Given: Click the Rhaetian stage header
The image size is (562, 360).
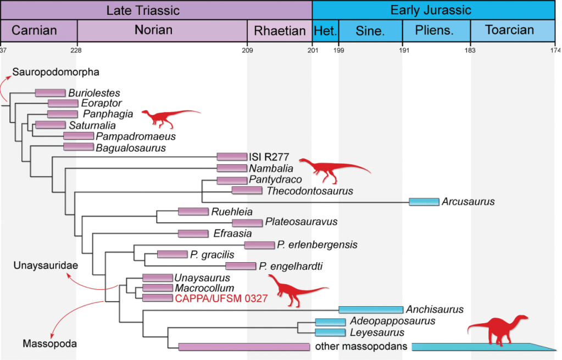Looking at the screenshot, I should point(280,30).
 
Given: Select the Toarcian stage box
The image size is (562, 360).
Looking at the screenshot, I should point(509,30).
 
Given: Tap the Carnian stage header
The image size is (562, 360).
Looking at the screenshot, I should point(34,30).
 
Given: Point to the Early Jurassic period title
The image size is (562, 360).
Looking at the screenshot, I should point(431,10).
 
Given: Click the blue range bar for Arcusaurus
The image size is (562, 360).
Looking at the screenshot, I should point(424,202).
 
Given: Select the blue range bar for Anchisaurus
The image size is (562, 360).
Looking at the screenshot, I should point(371,310).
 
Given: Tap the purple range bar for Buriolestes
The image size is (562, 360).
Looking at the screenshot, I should point(50,93).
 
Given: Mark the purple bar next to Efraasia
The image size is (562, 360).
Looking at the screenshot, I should point(193,234).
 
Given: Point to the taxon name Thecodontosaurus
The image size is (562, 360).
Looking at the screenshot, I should point(309,191).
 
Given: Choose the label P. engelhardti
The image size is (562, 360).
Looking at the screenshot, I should point(291,267).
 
